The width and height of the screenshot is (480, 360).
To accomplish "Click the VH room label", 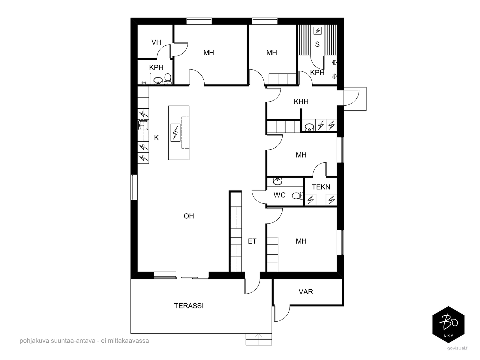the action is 156,42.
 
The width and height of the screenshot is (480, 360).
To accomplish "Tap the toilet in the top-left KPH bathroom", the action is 167,79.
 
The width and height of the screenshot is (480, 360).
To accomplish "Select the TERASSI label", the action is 189,306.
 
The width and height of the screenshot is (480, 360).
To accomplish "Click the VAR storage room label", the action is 306,292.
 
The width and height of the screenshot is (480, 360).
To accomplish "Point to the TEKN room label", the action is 321,187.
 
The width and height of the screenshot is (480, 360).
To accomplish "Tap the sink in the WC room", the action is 277,181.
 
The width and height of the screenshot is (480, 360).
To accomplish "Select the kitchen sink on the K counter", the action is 143,125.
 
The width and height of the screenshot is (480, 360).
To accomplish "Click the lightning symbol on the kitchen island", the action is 175,133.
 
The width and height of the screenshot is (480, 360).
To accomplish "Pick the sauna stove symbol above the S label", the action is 317,31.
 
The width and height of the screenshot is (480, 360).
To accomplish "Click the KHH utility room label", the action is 301,101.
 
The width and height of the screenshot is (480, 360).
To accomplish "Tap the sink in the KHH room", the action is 309,127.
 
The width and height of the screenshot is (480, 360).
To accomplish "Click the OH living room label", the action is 189,216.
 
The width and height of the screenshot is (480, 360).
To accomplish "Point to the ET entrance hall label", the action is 252,241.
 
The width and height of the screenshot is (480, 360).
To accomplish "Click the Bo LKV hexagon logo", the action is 448,324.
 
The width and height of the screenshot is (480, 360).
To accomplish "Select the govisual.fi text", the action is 458,348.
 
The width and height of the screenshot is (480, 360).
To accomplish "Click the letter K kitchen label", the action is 156,138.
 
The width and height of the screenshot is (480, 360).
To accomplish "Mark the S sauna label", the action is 317,44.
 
